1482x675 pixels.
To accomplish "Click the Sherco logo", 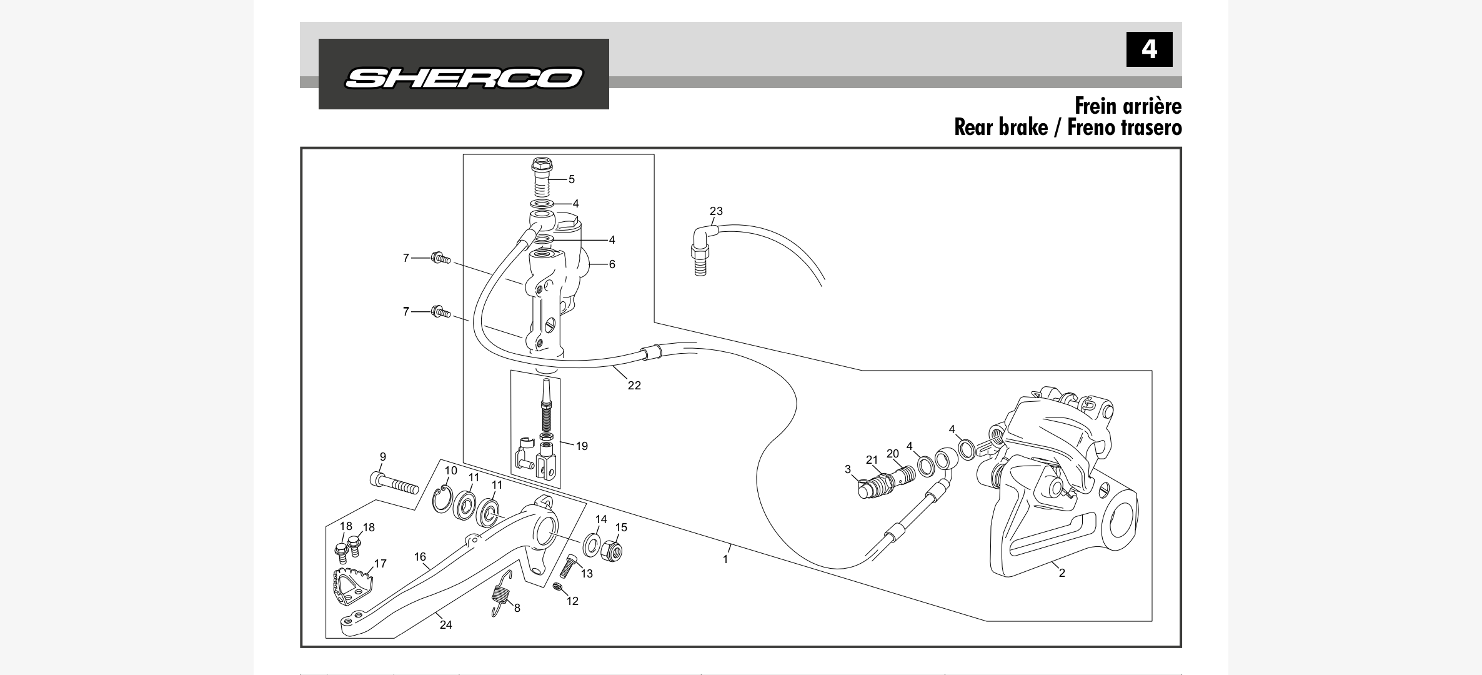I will pos(464,77).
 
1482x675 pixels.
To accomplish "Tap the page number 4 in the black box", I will pos(1149,49).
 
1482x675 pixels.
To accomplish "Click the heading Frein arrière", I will pos(1128,106).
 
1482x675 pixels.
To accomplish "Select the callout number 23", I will pos(716,211).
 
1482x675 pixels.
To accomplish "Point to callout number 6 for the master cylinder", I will pos(612,264).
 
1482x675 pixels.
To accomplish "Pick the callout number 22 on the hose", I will pos(634,386).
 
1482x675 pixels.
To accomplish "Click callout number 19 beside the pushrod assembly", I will pos(582,446).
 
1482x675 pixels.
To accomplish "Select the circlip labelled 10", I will pos(442,500).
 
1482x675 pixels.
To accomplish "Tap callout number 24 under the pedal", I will pos(445,625).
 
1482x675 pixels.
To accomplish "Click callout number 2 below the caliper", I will pos(1062,572).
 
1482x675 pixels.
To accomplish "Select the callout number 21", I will pos(872,460).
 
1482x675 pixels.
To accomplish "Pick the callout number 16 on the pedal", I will pos(420,557).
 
